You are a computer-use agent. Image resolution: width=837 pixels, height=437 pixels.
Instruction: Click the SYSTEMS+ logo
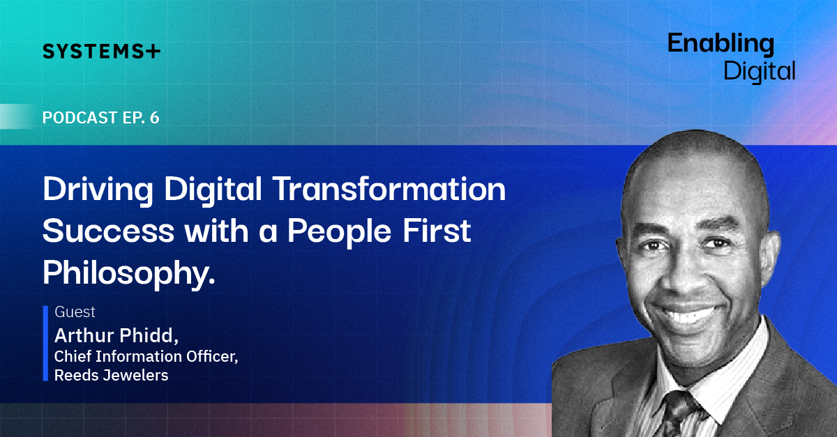[101, 51]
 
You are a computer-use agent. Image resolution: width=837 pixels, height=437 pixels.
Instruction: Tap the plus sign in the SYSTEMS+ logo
[153, 51]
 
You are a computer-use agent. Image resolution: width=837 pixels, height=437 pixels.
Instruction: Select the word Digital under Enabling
[760, 71]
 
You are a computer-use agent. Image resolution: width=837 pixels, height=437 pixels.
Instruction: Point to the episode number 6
[155, 118]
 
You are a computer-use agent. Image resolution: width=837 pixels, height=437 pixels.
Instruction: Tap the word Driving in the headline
[98, 190]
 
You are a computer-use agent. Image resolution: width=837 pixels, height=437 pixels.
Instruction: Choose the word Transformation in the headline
[389, 189]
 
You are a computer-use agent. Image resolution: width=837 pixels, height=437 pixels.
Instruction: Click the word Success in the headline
[108, 231]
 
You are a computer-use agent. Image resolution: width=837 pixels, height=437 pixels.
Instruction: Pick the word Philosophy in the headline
[129, 274]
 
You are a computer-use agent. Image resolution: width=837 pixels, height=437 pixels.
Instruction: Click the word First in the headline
[437, 231]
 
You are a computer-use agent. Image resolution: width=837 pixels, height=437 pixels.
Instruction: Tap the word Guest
[75, 312]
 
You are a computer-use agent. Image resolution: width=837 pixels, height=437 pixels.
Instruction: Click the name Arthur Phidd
[116, 335]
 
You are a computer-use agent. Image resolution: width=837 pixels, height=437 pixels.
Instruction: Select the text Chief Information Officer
[146, 357]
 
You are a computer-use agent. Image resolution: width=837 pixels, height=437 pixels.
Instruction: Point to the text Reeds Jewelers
[112, 376]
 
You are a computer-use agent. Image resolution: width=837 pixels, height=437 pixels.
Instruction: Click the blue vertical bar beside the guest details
[45, 343]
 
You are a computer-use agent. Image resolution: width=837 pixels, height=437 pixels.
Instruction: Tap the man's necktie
[678, 415]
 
